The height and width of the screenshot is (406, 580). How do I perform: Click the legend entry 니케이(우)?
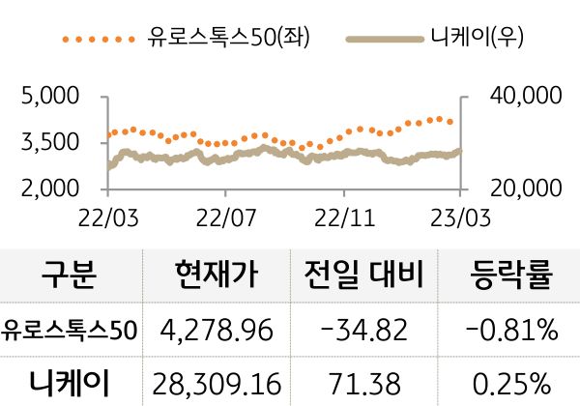click(470, 39)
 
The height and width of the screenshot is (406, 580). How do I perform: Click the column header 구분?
click(70, 277)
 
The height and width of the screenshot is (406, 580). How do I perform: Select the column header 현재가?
click(217, 277)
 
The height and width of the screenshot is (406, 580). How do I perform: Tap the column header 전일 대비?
click(363, 277)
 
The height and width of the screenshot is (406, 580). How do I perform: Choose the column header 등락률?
click(510, 277)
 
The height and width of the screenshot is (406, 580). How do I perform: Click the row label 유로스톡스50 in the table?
click(70, 332)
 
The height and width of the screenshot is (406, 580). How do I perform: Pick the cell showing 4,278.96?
click(217, 332)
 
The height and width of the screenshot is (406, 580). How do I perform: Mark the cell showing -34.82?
click(363, 332)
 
